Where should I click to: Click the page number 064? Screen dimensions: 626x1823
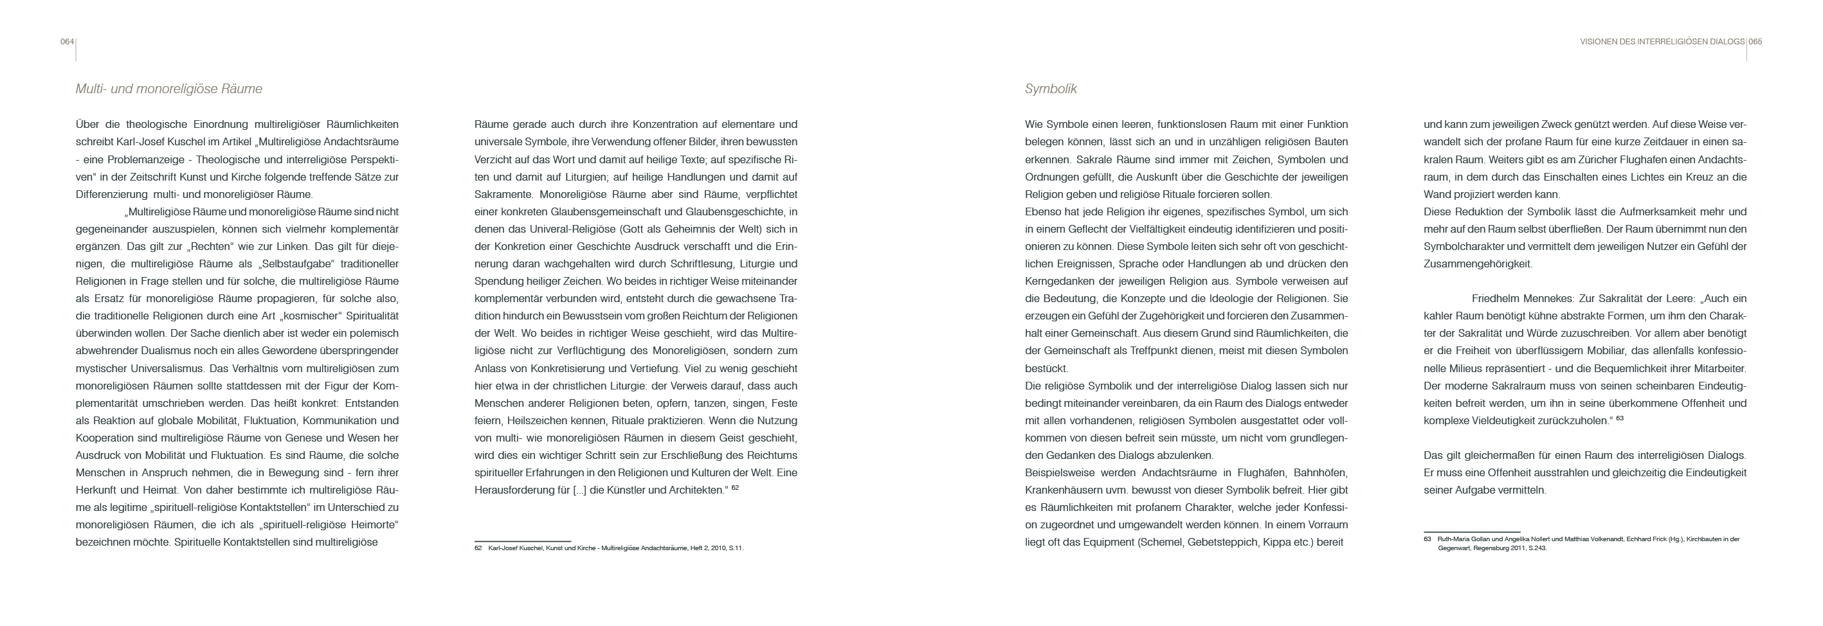click(x=66, y=42)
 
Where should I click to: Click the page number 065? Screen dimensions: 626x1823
click(x=1755, y=42)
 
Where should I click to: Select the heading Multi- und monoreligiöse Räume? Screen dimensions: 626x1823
click(x=168, y=89)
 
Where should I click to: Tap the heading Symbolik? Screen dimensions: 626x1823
click(x=1050, y=89)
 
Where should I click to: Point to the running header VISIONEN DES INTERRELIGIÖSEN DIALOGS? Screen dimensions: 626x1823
click(x=1662, y=42)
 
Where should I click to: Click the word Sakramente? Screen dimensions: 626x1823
click(x=503, y=195)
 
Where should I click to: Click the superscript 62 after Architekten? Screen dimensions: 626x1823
click(x=735, y=487)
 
